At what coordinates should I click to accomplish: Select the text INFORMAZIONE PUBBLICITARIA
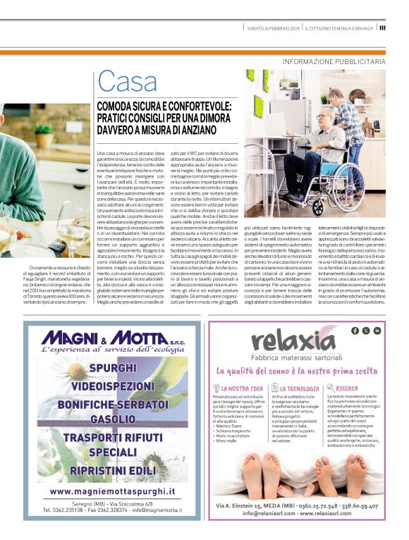pos(334,61)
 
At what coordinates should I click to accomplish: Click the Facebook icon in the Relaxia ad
pos(355,330)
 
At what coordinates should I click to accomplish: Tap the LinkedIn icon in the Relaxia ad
pos(377,330)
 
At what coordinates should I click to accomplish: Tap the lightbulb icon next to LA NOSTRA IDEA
pos(215,388)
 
